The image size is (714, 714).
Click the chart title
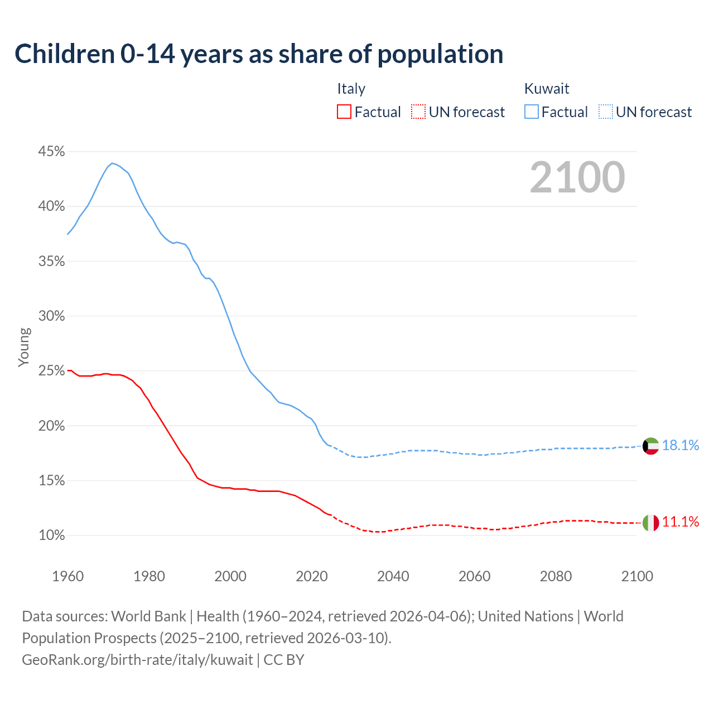click(259, 54)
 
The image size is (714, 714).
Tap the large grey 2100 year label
click(577, 177)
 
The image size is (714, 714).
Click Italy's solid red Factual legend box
click(344, 112)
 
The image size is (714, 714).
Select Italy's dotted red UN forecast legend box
click(418, 112)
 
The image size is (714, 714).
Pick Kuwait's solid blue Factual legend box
click(532, 112)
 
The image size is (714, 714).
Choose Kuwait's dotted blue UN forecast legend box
click(606, 112)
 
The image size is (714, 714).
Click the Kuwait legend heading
click(547, 89)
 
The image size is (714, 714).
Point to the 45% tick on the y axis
click(52, 152)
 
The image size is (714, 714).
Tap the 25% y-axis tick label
click(52, 371)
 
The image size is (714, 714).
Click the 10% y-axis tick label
click(52, 535)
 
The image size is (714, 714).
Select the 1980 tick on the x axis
click(149, 576)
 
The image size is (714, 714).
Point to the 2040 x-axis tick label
click(393, 576)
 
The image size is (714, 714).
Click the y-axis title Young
click(24, 347)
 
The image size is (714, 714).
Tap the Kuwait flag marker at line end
click(650, 446)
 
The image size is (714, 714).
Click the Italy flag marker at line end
click(650, 523)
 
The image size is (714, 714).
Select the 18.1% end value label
click(681, 445)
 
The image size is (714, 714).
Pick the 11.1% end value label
click(681, 522)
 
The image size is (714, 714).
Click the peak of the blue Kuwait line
click(112, 163)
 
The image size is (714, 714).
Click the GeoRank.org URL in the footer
click(137, 660)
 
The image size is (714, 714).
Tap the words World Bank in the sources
click(148, 616)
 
